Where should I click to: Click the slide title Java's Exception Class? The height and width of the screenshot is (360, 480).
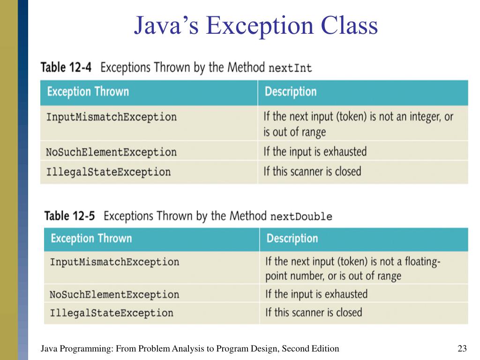(x=255, y=26)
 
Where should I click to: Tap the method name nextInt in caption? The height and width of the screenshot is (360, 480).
(x=290, y=68)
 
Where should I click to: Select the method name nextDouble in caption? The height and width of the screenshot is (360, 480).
(x=301, y=217)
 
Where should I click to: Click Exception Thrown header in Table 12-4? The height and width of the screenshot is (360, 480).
(x=88, y=91)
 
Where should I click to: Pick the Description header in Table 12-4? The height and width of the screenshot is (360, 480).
(x=291, y=91)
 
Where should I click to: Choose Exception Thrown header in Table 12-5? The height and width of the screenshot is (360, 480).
(x=91, y=238)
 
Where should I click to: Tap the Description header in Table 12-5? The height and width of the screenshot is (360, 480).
(x=292, y=238)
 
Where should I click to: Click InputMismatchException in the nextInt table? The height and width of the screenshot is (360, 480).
(x=111, y=117)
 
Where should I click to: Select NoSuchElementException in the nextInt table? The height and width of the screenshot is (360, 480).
(x=111, y=152)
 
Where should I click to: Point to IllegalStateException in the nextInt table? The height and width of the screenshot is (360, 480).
(x=108, y=172)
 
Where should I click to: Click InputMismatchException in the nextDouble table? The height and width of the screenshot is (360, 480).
(x=114, y=262)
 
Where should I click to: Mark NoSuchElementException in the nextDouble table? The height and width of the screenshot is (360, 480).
(x=114, y=295)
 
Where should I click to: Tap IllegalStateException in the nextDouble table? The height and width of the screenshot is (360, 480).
(x=112, y=313)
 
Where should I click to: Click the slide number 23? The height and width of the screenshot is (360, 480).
(x=462, y=348)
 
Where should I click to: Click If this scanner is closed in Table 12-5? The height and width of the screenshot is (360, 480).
(x=314, y=312)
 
